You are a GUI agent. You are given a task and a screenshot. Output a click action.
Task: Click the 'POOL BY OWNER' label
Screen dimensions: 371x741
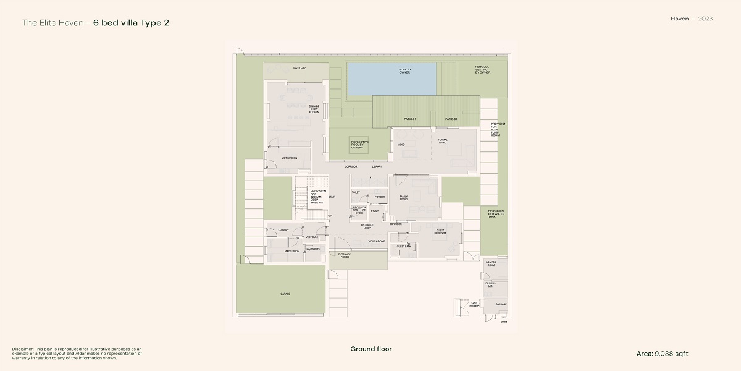pos(404,71)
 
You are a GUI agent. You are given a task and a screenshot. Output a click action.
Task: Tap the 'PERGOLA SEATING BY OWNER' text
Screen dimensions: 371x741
pos(483,70)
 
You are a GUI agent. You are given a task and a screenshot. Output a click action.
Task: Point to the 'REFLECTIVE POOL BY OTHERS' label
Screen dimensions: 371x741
pos(360,145)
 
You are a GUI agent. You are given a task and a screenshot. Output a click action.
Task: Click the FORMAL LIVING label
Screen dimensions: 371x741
pos(443,142)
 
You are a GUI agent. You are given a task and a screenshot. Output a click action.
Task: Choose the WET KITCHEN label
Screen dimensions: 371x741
pos(289,158)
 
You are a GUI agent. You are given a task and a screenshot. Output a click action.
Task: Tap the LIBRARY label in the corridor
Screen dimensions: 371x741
pos(377,166)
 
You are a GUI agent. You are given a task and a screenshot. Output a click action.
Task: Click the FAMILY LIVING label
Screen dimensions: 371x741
pos(403,198)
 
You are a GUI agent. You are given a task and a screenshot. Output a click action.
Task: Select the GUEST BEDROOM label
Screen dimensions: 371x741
pos(440,232)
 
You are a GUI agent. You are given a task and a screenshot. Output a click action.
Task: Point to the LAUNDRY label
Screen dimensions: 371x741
pos(283,230)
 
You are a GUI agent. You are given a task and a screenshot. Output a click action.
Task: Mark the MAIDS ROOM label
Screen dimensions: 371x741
pos(292,252)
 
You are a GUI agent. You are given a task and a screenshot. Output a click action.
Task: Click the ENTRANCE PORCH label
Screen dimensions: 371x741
pos(344,255)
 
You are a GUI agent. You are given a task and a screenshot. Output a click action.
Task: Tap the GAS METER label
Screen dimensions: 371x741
pos(474,304)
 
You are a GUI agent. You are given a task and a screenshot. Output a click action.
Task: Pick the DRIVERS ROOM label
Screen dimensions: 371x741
pos(491,264)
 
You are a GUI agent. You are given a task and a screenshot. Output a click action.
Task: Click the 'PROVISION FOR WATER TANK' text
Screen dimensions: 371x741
pos(496,213)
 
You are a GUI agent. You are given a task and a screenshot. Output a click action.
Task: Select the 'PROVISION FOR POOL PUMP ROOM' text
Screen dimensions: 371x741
pos(498,129)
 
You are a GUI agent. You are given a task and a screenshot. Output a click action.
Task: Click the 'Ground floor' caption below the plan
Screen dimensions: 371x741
pos(371,349)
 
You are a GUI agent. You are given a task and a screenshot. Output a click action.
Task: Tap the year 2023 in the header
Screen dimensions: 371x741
pos(706,19)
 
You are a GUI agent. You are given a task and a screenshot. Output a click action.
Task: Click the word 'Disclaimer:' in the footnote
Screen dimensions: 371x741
pos(23,349)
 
